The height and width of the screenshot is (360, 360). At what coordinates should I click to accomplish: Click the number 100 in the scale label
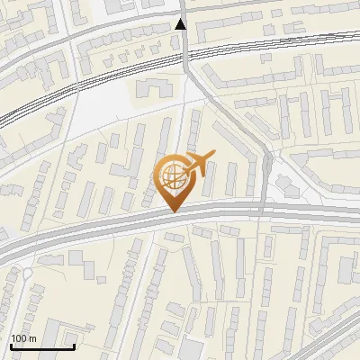(19, 338)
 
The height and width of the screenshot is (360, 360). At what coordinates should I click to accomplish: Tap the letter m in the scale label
(32, 338)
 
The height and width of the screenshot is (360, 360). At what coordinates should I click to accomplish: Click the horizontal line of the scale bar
(42, 346)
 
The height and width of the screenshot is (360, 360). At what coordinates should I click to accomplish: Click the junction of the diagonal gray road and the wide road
(263, 210)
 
